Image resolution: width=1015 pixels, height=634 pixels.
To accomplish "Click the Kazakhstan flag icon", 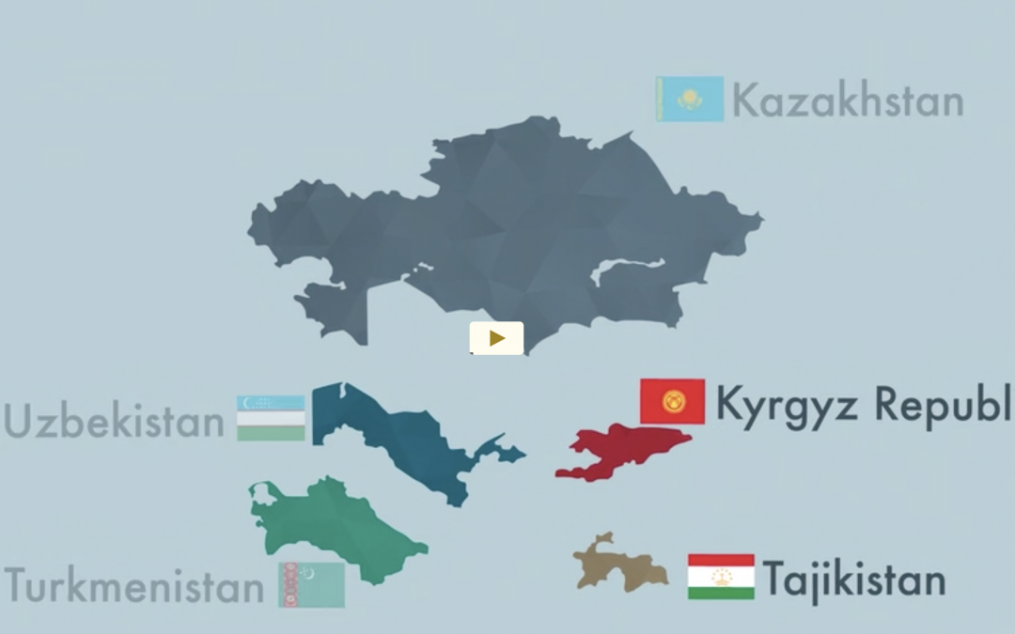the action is click(690, 99).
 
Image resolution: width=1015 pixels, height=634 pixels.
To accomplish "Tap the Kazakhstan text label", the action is click(848, 101).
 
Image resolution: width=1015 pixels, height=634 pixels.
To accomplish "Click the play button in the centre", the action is click(496, 338).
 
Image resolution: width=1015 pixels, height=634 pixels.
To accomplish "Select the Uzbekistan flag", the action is click(271, 418).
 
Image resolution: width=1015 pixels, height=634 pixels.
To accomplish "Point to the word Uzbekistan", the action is click(114, 422).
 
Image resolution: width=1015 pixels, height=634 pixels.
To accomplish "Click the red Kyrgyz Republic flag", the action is click(672, 402).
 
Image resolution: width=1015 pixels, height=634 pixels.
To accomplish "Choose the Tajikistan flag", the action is click(721, 577).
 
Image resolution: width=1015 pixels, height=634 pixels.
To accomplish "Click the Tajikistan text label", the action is click(853, 579).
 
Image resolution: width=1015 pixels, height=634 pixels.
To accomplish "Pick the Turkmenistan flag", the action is click(311, 584).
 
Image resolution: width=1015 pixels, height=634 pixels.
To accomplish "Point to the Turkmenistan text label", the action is click(134, 587).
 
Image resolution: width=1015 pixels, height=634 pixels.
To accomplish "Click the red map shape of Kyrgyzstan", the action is click(625, 448).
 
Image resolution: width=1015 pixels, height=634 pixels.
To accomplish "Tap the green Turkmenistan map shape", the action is click(329, 526).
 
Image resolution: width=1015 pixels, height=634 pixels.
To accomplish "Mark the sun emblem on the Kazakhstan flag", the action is click(691, 97).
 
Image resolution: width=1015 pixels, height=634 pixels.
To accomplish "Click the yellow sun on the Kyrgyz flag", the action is click(673, 402).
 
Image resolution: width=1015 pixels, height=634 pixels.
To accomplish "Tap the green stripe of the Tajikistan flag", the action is click(721, 593).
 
